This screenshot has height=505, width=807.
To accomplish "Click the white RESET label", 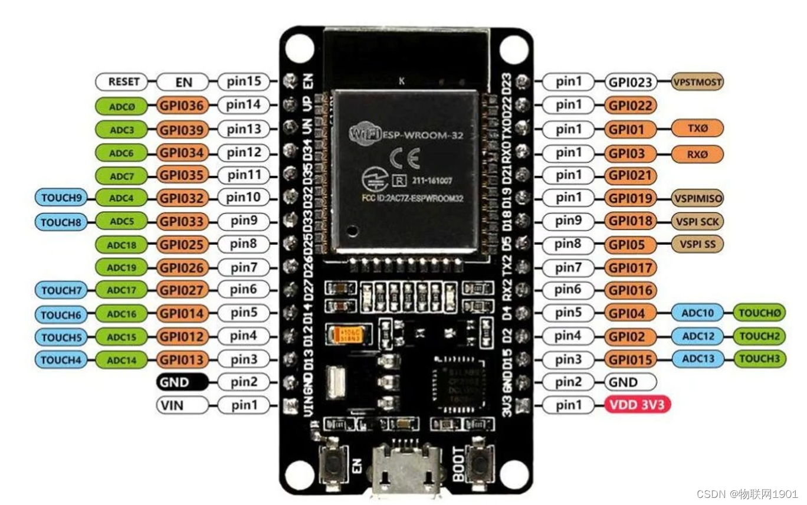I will pyautogui.click(x=124, y=82).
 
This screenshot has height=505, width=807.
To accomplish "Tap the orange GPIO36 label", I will pyautogui.click(x=183, y=106).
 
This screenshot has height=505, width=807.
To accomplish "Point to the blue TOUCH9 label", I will pyautogui.click(x=60, y=198).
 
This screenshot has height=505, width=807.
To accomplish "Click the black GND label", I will pyautogui.click(x=182, y=382).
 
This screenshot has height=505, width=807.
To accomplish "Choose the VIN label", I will pyautogui.click(x=182, y=405).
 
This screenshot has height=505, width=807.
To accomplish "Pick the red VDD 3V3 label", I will pyautogui.click(x=638, y=405).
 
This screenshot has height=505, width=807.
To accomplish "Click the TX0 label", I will pyautogui.click(x=697, y=128).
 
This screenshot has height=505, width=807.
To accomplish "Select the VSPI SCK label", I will pyautogui.click(x=697, y=221).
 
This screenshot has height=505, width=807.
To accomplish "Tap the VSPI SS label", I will pyautogui.click(x=697, y=244).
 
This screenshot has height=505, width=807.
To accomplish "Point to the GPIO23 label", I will pyautogui.click(x=631, y=82).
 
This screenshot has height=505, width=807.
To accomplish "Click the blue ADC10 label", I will pyautogui.click(x=698, y=313).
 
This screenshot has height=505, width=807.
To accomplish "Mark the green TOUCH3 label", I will pyautogui.click(x=759, y=359).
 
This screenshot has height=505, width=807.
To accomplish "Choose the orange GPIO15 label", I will pyautogui.click(x=631, y=359).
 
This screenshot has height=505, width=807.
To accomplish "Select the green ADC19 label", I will pyautogui.click(x=122, y=268).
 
